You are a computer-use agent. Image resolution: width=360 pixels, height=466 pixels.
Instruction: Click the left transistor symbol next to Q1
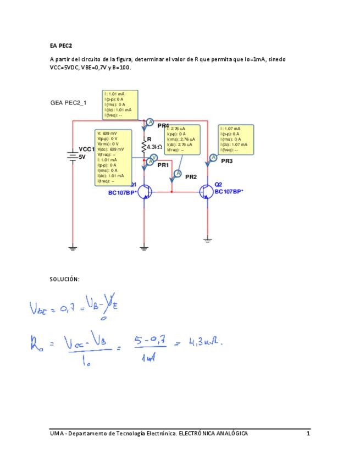143,191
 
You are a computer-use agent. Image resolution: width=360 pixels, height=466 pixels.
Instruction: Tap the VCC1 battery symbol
73,156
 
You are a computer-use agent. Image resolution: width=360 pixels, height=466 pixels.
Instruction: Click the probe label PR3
226,161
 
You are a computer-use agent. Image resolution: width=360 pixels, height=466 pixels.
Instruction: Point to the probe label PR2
191,177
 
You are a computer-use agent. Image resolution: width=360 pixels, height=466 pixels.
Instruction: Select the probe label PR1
163,165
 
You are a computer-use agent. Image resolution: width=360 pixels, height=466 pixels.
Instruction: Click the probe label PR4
163,126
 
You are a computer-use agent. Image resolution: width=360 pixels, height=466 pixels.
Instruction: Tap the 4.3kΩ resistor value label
154,147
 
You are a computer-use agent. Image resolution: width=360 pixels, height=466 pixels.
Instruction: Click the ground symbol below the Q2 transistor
208,240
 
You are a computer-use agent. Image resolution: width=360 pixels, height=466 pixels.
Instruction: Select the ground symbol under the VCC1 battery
73,248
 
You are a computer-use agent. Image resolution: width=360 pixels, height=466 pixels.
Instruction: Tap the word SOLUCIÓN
65,279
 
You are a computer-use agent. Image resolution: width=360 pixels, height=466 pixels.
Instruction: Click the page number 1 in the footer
308,434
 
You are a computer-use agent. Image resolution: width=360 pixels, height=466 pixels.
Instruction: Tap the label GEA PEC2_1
68,102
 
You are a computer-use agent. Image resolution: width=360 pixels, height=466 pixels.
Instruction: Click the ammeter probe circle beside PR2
177,173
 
